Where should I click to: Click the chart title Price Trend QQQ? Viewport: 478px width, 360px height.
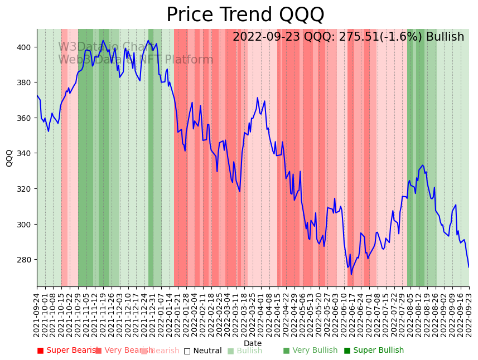tap(245, 15)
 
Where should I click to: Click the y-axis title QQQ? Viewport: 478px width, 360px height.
tap(9, 158)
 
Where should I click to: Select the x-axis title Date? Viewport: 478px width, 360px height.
tap(252, 343)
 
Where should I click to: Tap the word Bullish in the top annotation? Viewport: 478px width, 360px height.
tap(445, 37)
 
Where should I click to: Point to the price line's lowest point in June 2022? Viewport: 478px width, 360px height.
tap(351, 274)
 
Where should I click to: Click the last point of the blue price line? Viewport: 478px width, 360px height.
tap(469, 267)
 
